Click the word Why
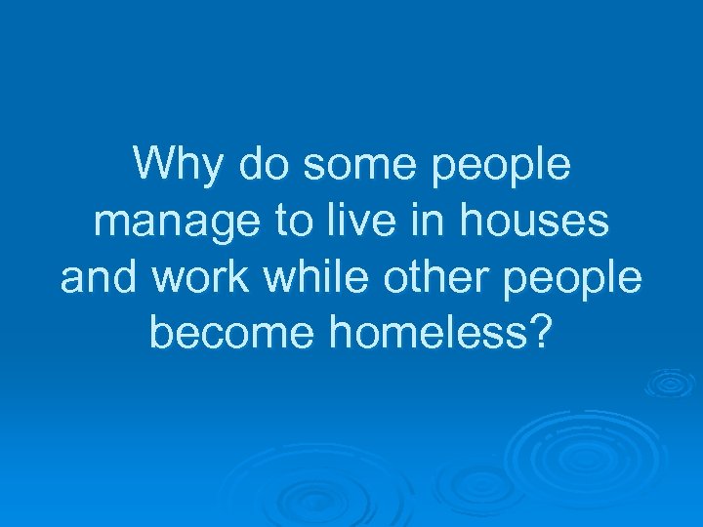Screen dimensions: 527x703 [x=177, y=166]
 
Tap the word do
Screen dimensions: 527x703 [x=260, y=164]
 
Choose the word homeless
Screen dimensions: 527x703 [x=426, y=335]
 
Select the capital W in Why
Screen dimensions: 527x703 [x=155, y=164]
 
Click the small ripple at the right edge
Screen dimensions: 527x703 [x=673, y=382]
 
